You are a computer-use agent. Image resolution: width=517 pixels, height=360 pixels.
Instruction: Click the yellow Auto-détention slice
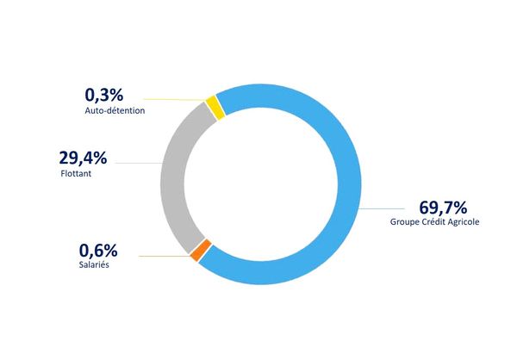(215, 107)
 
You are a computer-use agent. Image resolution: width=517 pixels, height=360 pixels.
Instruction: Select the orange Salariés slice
(201, 251)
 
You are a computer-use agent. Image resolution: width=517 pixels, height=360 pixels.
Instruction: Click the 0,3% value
(104, 95)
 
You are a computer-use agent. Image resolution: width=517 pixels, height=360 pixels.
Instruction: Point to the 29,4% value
(83, 158)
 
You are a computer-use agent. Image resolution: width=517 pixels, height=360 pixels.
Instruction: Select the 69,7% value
(443, 208)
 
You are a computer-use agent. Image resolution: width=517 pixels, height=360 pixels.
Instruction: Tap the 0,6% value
(98, 251)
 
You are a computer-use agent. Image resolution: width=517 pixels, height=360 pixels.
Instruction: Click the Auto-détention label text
(115, 110)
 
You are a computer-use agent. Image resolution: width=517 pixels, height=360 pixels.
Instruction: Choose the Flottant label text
(76, 173)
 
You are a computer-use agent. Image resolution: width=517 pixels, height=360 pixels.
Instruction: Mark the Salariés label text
(94, 264)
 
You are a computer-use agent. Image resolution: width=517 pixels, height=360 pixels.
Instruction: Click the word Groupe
(404, 222)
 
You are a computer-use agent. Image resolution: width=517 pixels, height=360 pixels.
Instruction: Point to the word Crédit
(433, 221)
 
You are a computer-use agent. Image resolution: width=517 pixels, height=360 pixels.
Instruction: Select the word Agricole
(463, 222)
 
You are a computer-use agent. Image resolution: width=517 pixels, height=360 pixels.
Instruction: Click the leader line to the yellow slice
(175, 99)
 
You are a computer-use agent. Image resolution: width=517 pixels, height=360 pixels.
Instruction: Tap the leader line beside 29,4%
(138, 163)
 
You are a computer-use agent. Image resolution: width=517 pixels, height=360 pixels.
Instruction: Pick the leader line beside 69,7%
(382, 208)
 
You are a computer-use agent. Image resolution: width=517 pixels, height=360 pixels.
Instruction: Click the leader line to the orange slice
(165, 256)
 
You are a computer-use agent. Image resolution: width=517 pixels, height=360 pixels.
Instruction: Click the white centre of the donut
(261, 184)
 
